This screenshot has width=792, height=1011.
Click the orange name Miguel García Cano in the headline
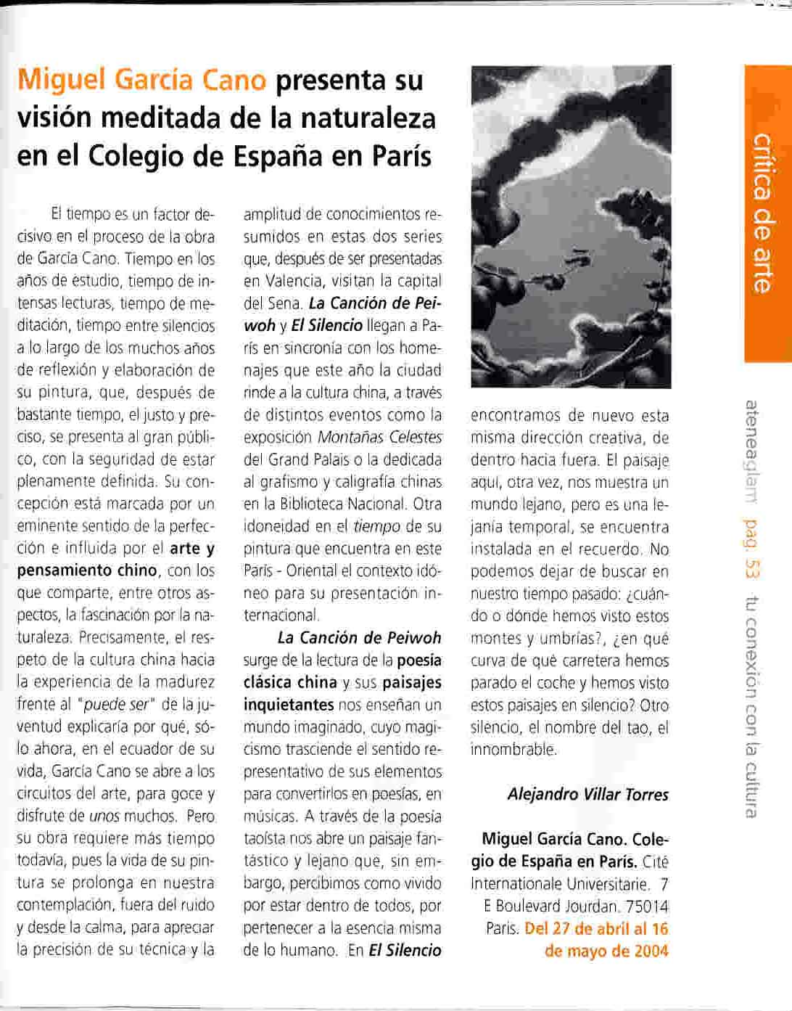pyautogui.click(x=141, y=80)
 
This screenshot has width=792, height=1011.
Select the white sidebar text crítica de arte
pyautogui.click(x=762, y=213)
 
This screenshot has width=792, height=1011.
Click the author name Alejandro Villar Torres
pyautogui.click(x=587, y=794)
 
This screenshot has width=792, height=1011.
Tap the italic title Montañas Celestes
pyautogui.click(x=379, y=438)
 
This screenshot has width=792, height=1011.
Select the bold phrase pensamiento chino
pyautogui.click(x=86, y=570)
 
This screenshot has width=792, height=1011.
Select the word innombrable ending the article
pyautogui.click(x=513, y=750)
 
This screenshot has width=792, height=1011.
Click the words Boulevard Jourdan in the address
pyautogui.click(x=550, y=906)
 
